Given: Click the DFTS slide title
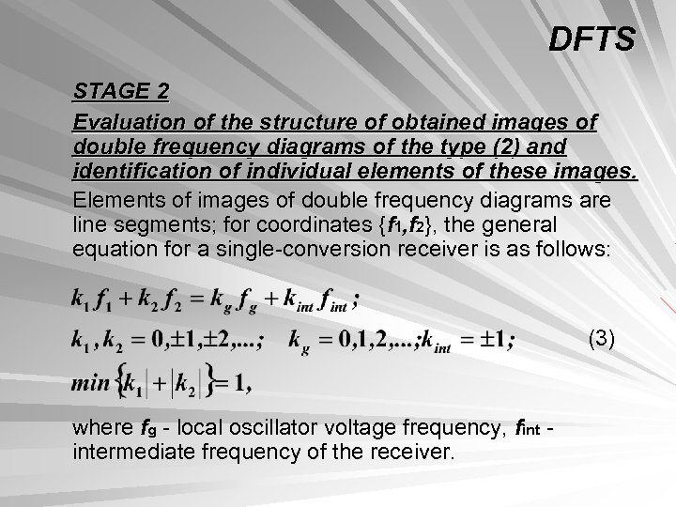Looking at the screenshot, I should pos(592,39).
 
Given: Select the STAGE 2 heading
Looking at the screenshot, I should pos(122,93).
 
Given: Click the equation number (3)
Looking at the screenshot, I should pos(601,339).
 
